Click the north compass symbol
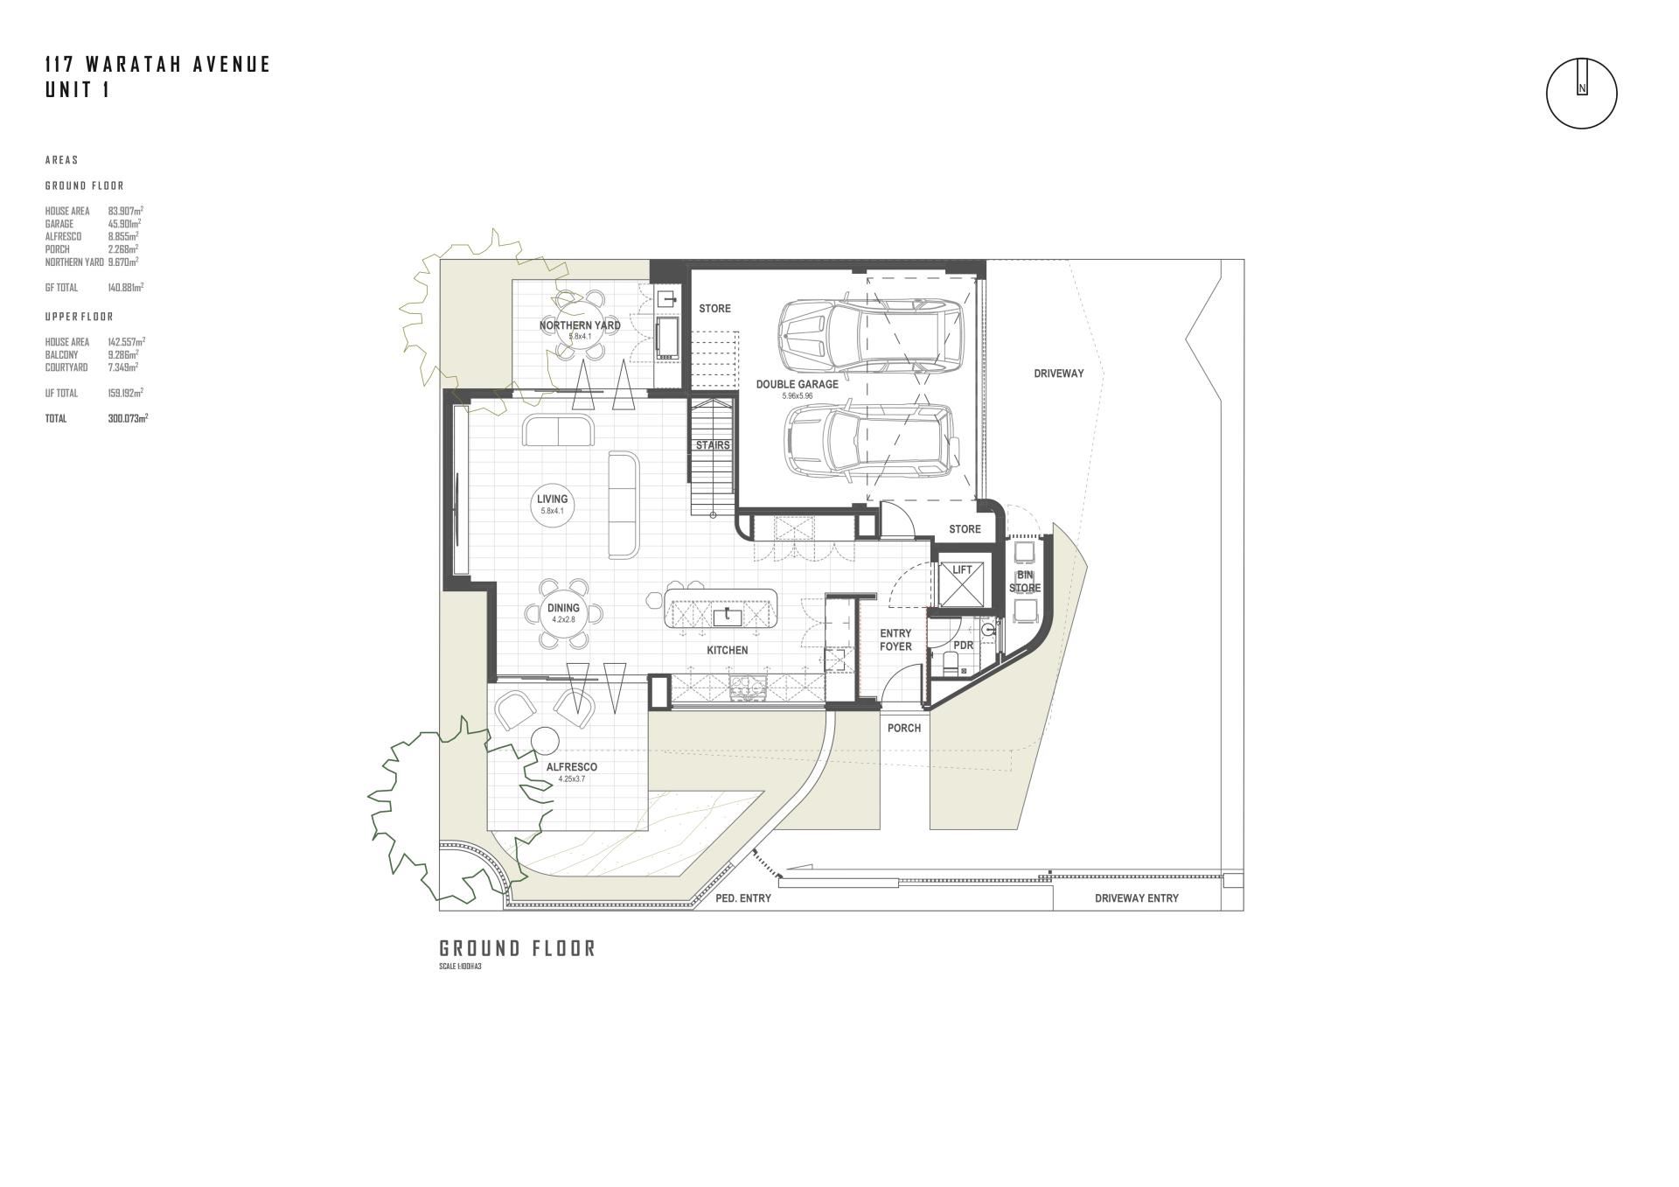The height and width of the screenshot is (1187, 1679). coord(1581,94)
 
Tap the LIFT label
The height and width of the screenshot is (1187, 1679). coord(962,570)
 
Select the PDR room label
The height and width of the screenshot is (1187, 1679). coord(963,646)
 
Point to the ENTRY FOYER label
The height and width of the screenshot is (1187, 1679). coord(895,640)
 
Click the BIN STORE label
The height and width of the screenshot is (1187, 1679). coord(1025,582)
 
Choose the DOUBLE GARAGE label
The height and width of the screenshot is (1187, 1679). coord(797,384)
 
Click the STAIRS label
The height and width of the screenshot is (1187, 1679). coord(713,445)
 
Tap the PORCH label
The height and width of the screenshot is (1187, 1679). coord(904,728)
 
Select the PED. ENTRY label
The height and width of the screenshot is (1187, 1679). coord(743,898)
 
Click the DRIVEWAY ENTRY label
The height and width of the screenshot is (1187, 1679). coord(1137,898)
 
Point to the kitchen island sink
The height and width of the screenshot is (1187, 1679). coord(728,618)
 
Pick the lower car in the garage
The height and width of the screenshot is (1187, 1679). coord(870,442)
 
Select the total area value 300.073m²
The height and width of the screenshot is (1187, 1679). coord(128,419)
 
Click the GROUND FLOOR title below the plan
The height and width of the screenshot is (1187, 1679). coord(517,949)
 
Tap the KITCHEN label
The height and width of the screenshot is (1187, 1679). coord(728,651)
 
